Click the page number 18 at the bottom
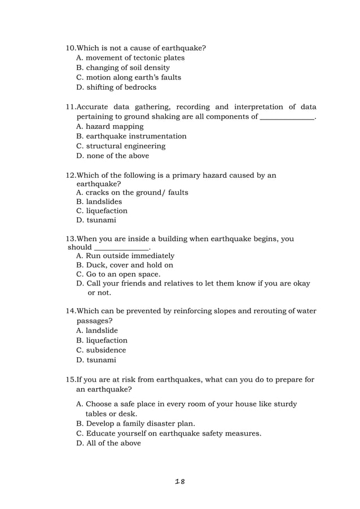click(180, 481)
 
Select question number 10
click(71, 48)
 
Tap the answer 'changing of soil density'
click(127, 68)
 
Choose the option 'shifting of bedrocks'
click(121, 87)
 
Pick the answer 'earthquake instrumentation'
click(135, 136)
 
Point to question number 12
click(71, 175)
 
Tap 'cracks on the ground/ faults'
click(137, 192)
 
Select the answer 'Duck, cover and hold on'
click(129, 265)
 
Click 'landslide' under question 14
click(102, 331)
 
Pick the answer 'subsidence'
click(106, 350)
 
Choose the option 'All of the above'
click(113, 443)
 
